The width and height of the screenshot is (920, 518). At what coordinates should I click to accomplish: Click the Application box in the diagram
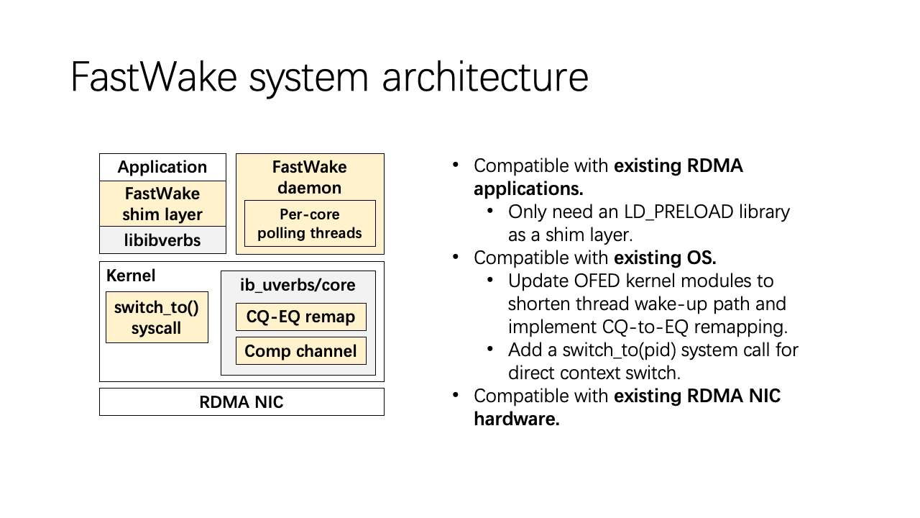[x=162, y=167]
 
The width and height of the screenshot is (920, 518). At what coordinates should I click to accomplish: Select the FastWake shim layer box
[x=162, y=204]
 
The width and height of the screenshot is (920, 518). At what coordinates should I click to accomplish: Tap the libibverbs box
[x=162, y=240]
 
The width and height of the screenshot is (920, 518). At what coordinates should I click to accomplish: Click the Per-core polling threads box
[x=310, y=224]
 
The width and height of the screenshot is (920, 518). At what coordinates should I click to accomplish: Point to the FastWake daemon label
[x=310, y=177]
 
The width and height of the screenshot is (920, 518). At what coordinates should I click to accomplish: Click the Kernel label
[x=131, y=276]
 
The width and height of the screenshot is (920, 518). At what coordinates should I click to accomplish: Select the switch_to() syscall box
[x=157, y=317]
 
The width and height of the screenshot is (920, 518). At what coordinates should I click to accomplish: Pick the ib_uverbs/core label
[x=298, y=285]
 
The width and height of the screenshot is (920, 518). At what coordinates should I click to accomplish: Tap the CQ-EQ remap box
[x=300, y=317]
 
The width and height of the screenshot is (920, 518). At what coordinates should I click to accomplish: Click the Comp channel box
[x=300, y=351]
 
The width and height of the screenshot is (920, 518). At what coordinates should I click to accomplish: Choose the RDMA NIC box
[x=241, y=402]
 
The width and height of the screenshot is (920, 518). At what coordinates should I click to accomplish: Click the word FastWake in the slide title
[x=154, y=77]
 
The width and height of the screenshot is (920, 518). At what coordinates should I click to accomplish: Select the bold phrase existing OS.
[x=665, y=258]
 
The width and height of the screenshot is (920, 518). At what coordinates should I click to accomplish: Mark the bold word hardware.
[x=516, y=419]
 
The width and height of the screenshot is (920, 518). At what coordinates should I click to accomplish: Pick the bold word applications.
[x=528, y=188]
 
